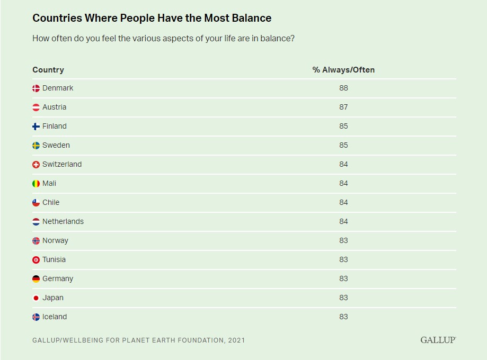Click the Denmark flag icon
(36, 88)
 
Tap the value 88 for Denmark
(343, 88)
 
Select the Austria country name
(54, 107)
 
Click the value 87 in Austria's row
(343, 107)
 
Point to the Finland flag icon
(36, 127)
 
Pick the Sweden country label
(56, 145)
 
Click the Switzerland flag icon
(36, 165)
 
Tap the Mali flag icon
(36, 184)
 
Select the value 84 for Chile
(343, 202)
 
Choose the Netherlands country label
(63, 221)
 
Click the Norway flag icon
(36, 241)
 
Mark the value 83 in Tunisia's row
(343, 259)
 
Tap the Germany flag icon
(36, 279)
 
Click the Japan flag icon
(36, 298)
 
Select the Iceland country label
(55, 317)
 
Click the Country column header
(48, 70)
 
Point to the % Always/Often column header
(343, 70)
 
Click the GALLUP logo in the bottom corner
(438, 340)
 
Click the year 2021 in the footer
(236, 340)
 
